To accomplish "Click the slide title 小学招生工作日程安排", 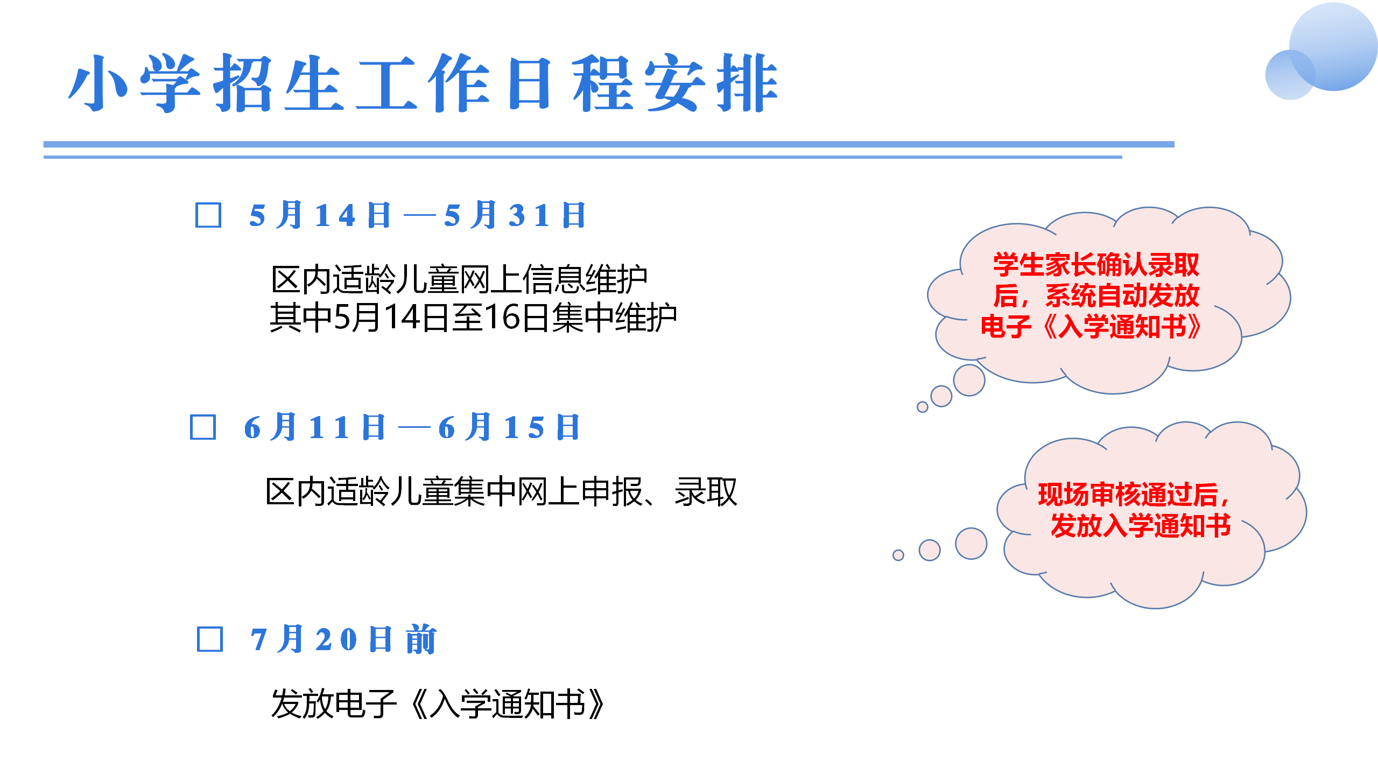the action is point(424,83).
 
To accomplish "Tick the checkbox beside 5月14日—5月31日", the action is point(208,215).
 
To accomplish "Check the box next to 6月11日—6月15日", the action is point(203,427).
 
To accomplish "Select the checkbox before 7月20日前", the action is point(210,639).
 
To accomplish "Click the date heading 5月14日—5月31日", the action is point(417,215).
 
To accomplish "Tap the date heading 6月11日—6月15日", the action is point(412,427).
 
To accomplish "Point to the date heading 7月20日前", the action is point(343,639).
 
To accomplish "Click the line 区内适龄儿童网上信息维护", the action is point(459,280).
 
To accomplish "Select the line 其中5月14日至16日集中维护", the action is point(473,318).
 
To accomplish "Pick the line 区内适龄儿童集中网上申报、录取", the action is point(501,492).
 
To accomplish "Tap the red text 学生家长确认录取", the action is point(1096,264).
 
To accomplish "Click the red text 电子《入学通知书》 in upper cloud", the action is point(1091,326).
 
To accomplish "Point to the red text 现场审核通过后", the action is point(1133,495).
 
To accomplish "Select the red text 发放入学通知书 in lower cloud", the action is point(1141,525).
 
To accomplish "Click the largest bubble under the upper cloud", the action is point(969,380).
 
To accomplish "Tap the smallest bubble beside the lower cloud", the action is point(898,555).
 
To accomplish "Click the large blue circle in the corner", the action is point(1334,46).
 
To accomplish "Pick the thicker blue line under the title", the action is point(609,144).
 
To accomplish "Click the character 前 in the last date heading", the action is point(421,639).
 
